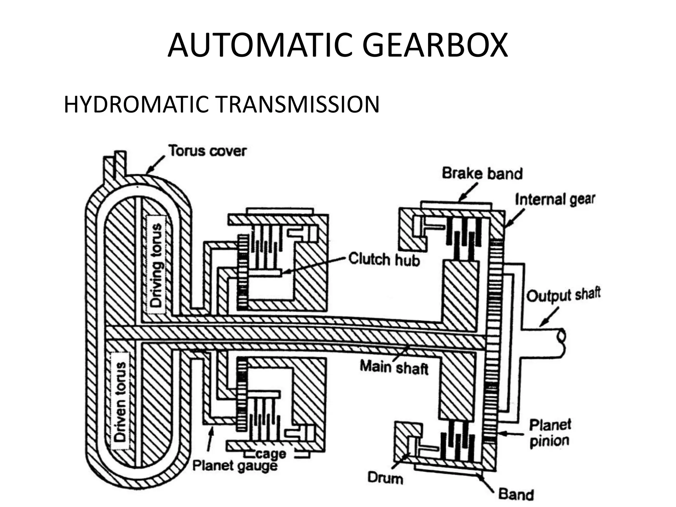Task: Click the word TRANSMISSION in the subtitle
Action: [x=297, y=104]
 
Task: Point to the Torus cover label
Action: [x=208, y=151]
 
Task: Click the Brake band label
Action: [x=482, y=173]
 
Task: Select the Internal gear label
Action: [x=555, y=199]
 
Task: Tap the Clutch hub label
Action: [x=384, y=259]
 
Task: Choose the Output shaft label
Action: [x=563, y=295]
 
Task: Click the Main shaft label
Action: [x=394, y=367]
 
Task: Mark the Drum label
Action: [x=385, y=478]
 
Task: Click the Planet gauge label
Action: [x=235, y=466]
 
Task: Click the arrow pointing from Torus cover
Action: [x=155, y=164]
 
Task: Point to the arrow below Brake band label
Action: [x=468, y=191]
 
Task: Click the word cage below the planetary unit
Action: [x=270, y=454]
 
